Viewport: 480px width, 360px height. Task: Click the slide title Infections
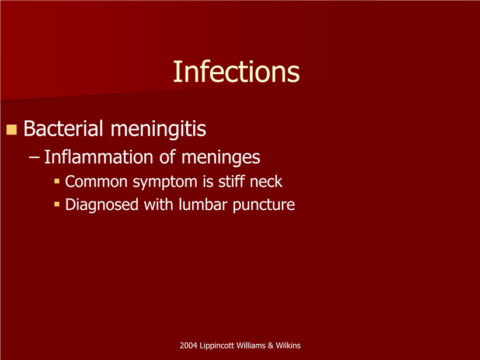point(236,72)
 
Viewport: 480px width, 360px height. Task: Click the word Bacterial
point(63,128)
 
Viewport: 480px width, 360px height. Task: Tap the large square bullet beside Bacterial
point(11,130)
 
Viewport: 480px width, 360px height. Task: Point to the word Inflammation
point(99,157)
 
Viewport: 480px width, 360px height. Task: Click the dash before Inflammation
point(34,158)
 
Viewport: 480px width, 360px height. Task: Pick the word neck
point(266,181)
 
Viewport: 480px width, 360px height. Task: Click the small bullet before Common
point(57,181)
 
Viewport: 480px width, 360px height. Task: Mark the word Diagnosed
point(102,205)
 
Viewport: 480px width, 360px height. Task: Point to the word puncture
point(263,205)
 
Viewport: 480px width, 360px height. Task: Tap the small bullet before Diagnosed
point(57,204)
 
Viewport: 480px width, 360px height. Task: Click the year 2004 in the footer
point(188,345)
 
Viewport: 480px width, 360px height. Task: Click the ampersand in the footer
point(270,345)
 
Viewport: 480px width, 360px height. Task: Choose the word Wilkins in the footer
point(288,345)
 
